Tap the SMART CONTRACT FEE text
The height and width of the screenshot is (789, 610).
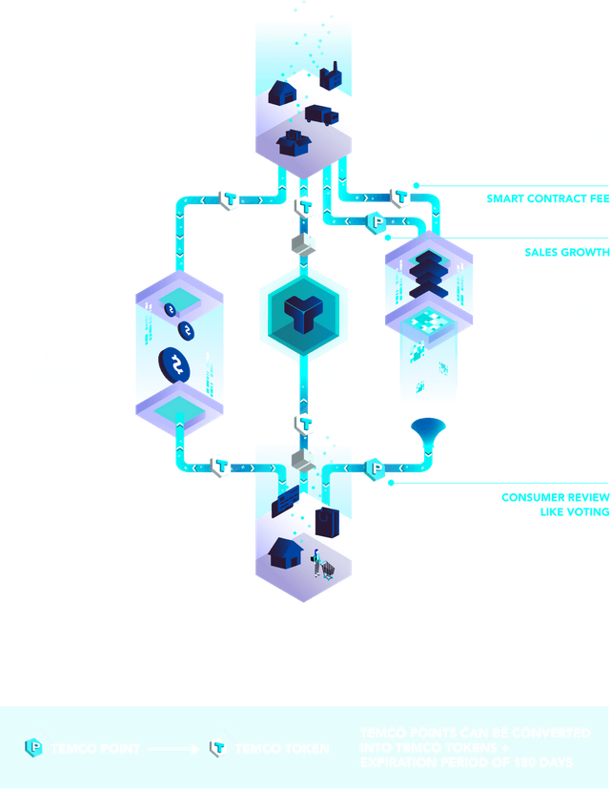[547, 199]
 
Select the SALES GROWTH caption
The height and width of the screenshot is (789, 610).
[566, 253]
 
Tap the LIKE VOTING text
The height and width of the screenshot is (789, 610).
[566, 512]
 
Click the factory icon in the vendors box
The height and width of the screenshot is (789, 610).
[331, 75]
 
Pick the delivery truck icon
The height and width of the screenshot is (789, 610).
[319, 114]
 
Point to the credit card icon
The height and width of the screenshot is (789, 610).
[286, 500]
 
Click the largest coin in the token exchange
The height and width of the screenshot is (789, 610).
[177, 363]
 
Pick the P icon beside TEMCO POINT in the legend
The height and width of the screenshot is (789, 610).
[36, 748]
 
